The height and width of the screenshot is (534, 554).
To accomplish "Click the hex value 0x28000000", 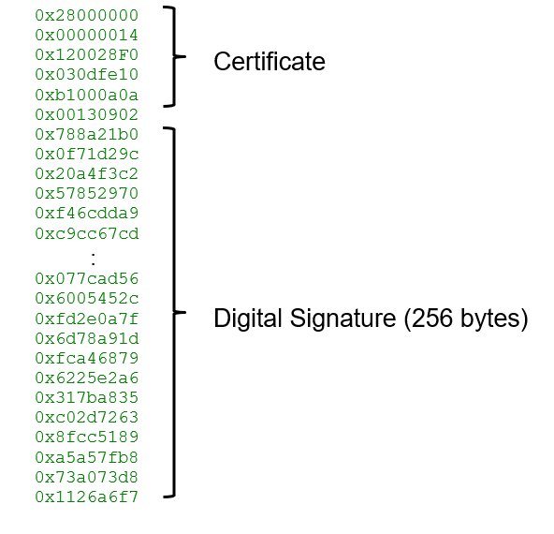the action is tap(86, 15).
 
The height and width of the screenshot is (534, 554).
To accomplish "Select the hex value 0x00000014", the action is tap(86, 35).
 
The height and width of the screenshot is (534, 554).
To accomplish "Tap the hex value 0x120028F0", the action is tap(86, 55).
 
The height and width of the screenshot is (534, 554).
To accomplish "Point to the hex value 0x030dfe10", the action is tap(86, 75).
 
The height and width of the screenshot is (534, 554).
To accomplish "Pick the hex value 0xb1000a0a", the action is tap(86, 96).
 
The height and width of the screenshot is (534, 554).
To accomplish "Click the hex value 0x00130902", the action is tap(86, 115).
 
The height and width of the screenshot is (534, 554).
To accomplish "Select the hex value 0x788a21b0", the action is tap(86, 135).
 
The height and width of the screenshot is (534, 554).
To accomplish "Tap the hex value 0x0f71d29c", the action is tap(86, 155).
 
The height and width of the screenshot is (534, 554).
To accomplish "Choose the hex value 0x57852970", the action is tap(86, 193).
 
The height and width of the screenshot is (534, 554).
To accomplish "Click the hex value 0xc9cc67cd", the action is tap(87, 234).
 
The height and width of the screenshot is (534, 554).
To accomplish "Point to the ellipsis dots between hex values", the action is tap(93, 259).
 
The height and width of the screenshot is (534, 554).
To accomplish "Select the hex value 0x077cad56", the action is tap(86, 278).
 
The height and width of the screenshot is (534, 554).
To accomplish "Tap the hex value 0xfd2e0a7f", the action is tap(86, 319).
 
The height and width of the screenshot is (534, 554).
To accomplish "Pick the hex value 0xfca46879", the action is tap(86, 358).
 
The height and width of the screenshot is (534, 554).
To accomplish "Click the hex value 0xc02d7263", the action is tap(86, 417).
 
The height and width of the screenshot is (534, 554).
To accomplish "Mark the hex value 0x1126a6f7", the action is tap(86, 497).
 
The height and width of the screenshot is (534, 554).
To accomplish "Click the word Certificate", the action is tap(270, 62).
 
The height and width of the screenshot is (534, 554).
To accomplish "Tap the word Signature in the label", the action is tap(343, 319).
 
